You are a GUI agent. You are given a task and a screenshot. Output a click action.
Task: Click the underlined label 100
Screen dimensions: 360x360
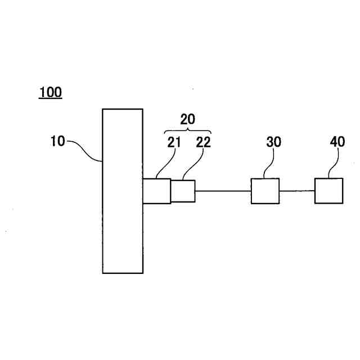click(50, 92)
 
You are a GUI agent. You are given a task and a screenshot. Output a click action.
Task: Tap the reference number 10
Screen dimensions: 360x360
click(57, 141)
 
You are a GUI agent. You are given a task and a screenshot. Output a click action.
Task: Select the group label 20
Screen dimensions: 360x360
click(187, 119)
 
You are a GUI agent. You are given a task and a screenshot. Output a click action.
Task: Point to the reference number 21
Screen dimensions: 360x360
click(174, 142)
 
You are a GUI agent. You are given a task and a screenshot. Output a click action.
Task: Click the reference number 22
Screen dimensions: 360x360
click(203, 142)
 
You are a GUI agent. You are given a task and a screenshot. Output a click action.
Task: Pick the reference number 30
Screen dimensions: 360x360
click(273, 142)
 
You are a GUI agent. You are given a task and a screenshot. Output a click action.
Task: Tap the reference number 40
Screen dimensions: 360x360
click(337, 142)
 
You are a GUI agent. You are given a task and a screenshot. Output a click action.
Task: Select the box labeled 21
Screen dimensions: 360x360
click(156, 191)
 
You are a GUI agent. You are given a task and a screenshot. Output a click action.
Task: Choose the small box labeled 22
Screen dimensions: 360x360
click(183, 191)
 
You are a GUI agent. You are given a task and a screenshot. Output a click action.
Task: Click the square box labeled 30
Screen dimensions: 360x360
click(265, 191)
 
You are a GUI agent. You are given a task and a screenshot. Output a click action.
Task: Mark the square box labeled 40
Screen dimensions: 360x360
click(328, 191)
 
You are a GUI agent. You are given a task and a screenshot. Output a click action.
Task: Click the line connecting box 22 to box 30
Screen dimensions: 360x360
click(223, 191)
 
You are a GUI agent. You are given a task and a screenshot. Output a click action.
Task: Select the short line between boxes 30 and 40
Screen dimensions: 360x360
click(296, 191)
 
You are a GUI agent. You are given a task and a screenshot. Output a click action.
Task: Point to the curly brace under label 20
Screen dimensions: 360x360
click(188, 130)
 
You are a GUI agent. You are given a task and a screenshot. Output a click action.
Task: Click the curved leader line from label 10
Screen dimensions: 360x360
click(85, 150)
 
